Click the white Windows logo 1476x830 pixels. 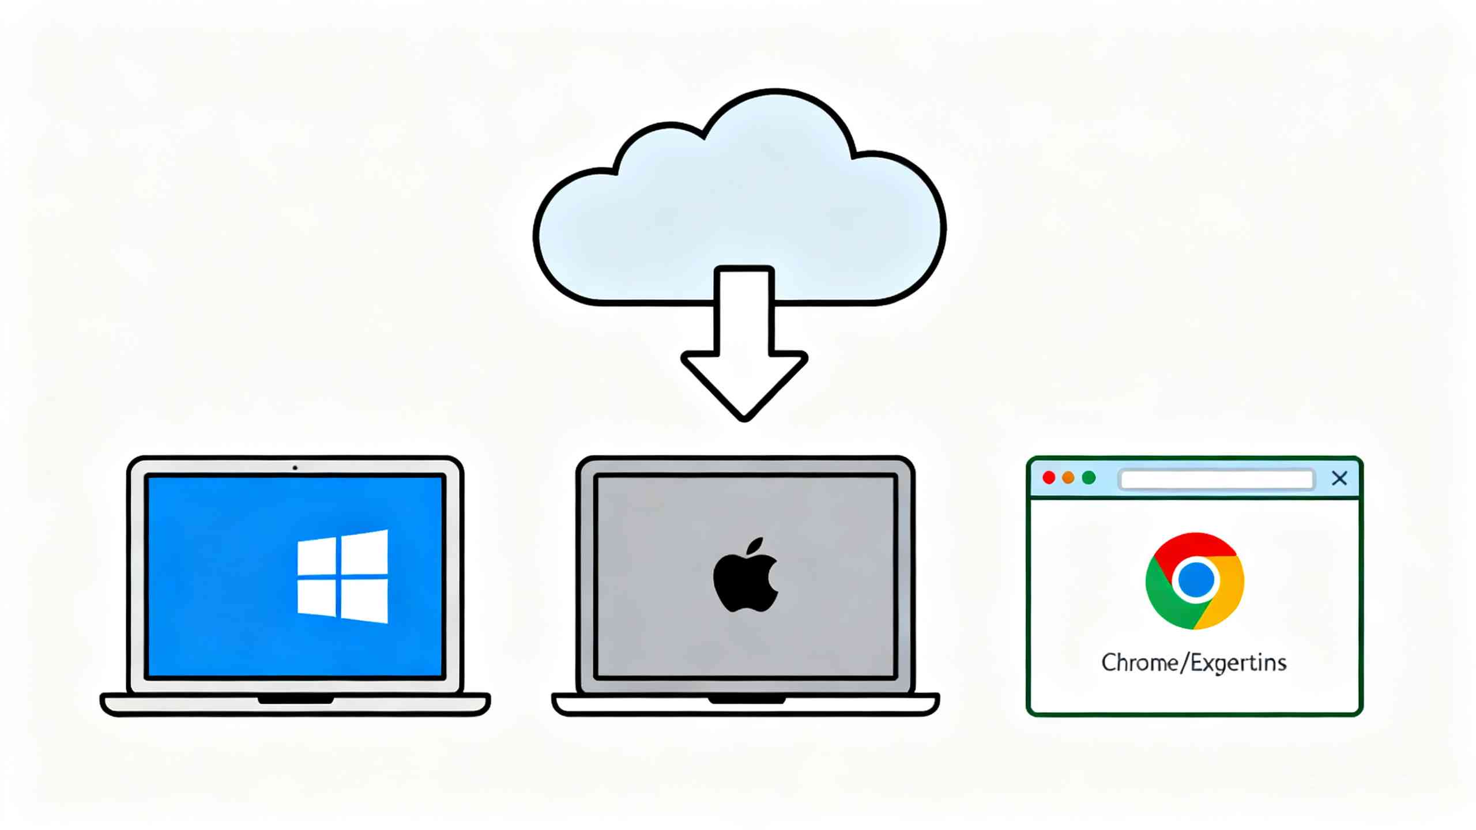point(342,576)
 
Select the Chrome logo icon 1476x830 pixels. point(1195,581)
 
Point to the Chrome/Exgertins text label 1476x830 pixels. point(1193,663)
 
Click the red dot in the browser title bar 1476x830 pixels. point(1049,478)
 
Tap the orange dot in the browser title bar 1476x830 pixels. point(1068,478)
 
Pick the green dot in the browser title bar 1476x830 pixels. point(1089,478)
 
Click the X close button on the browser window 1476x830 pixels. point(1339,478)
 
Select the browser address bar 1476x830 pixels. point(1217,479)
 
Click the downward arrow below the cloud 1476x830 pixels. point(744,344)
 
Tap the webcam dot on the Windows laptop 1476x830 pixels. point(295,467)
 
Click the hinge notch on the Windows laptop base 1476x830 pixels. point(295,700)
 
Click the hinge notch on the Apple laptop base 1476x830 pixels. point(746,700)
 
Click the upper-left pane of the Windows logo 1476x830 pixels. point(317,556)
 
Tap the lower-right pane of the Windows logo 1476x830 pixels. point(364,601)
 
